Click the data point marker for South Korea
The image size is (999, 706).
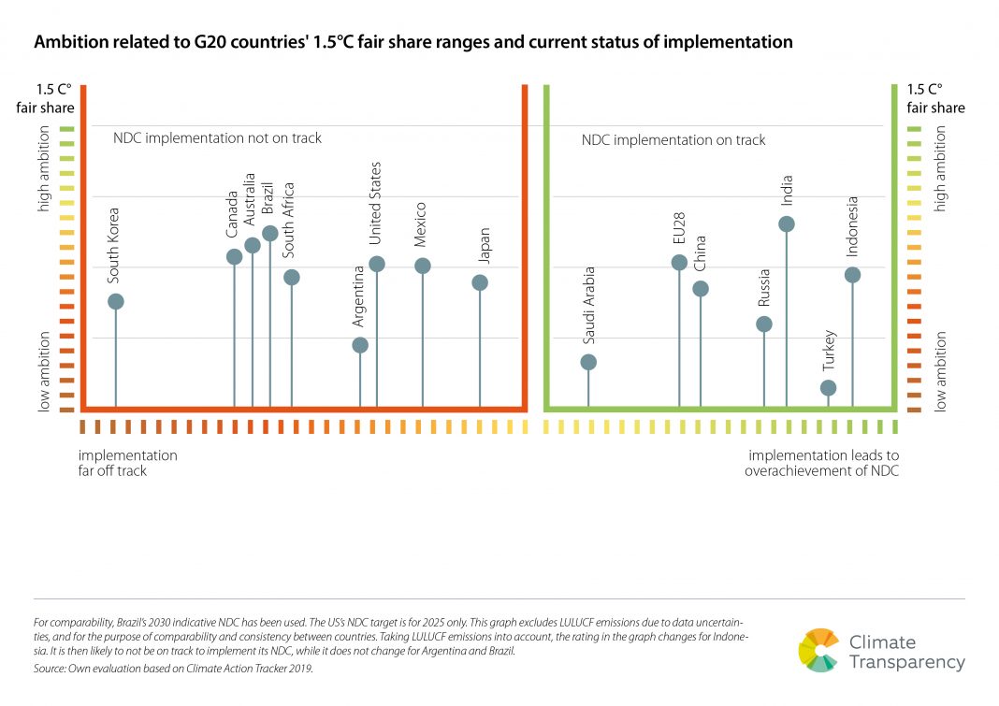pyautogui.click(x=115, y=301)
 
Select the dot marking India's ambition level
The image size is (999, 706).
pyautogui.click(x=787, y=224)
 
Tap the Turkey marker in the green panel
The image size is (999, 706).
pyautogui.click(x=828, y=388)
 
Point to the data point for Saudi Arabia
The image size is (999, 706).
pyautogui.click(x=588, y=363)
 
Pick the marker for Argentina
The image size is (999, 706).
pyautogui.click(x=360, y=345)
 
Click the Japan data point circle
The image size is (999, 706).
pyautogui.click(x=480, y=282)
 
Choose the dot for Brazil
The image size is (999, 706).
pyautogui.click(x=270, y=233)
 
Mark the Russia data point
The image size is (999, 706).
pyautogui.click(x=764, y=324)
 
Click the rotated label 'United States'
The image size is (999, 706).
pyautogui.click(x=375, y=203)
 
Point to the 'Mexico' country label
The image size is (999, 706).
pyautogui.click(x=421, y=225)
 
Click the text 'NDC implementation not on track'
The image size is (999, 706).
pyautogui.click(x=217, y=138)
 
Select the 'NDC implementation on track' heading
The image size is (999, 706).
pyautogui.click(x=673, y=140)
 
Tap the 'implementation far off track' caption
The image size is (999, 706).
pyautogui.click(x=127, y=463)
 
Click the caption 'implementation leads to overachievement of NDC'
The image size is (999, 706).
pyautogui.click(x=821, y=463)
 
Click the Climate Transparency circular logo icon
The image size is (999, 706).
pyautogui.click(x=819, y=650)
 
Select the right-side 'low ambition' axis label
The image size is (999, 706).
pyautogui.click(x=941, y=371)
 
